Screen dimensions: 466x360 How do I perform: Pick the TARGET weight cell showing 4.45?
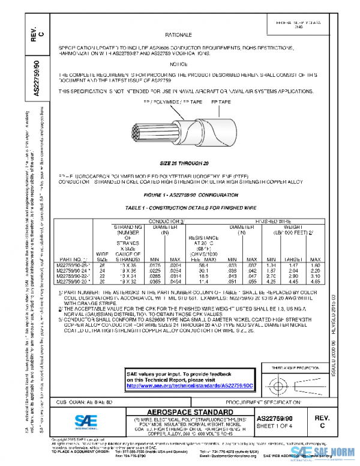click(x=294, y=280)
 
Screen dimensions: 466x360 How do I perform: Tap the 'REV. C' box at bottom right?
click(x=322, y=421)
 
